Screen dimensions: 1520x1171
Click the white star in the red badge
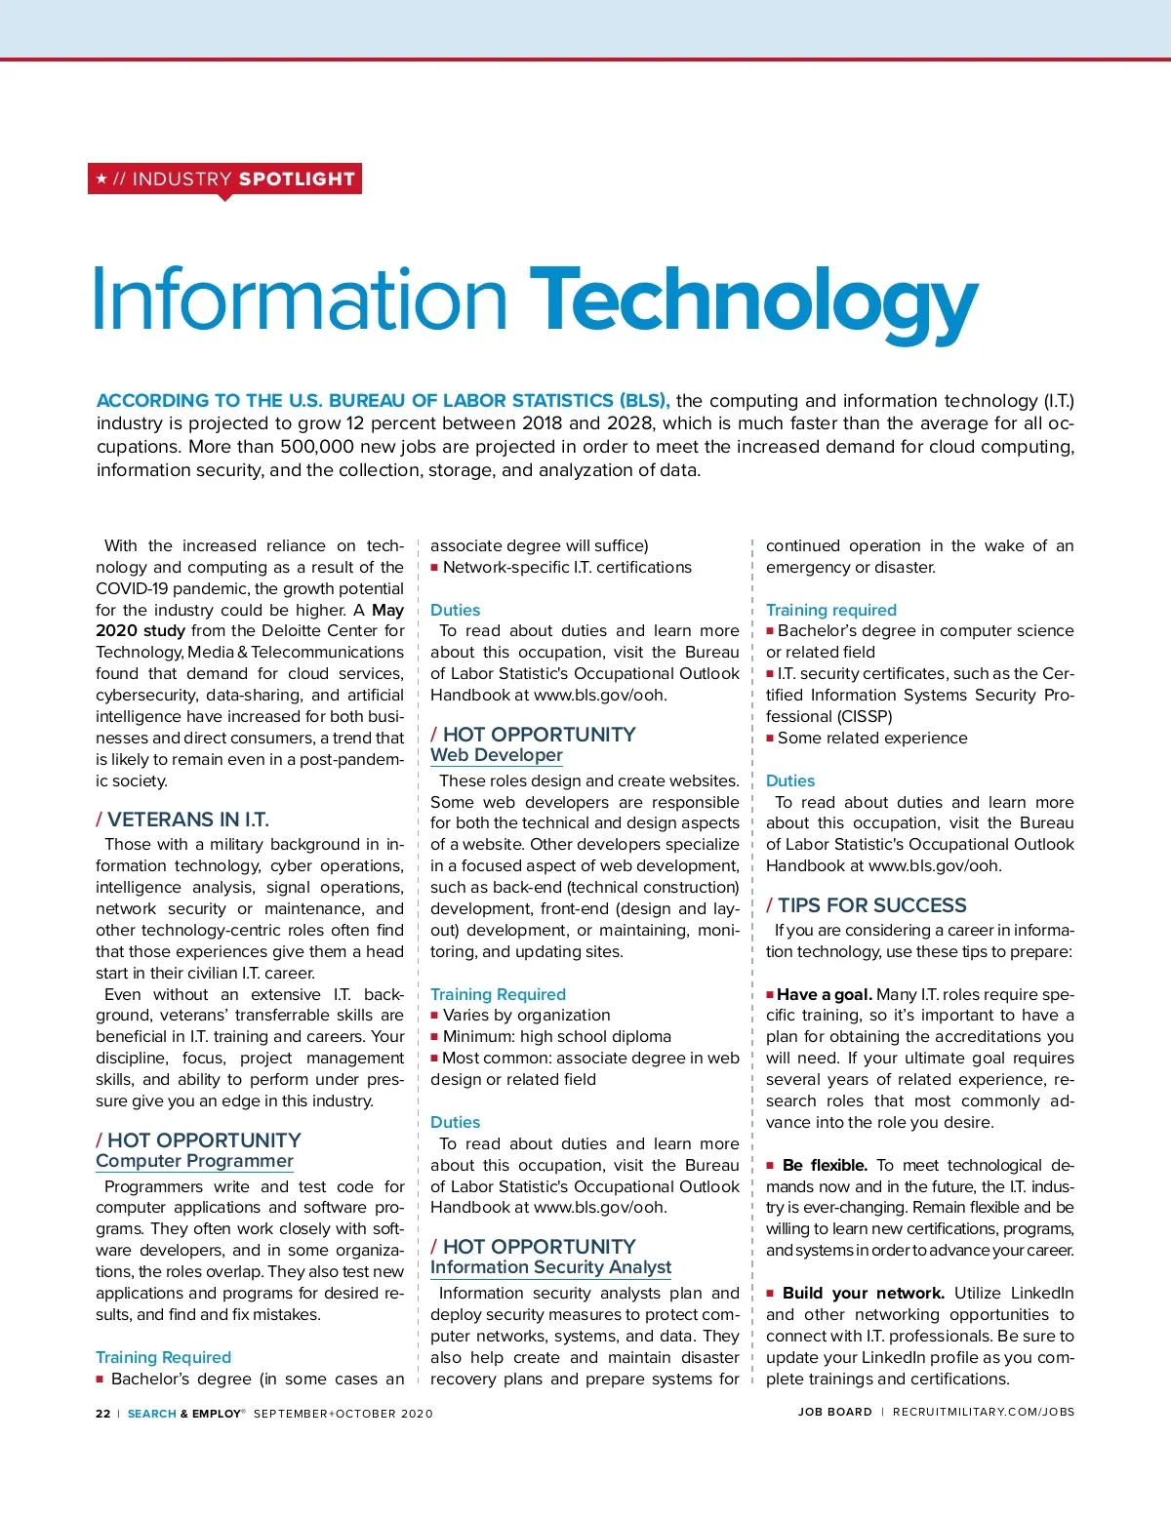[x=101, y=179]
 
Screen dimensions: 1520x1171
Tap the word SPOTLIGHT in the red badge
[x=297, y=179]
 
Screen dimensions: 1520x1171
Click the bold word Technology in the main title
[x=753, y=302]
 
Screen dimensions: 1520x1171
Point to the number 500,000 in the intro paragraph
[x=316, y=447]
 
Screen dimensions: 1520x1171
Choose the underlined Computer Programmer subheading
[x=194, y=1161]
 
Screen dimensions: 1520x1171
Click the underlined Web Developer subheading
[x=497, y=755]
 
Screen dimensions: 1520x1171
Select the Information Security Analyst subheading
[x=550, y=1267]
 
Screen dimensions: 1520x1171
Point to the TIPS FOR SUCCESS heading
[x=871, y=905]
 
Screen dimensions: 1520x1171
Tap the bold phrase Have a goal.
[x=825, y=994]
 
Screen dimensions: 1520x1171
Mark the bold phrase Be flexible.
[x=825, y=1165]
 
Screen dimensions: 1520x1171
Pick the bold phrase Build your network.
[x=863, y=1293]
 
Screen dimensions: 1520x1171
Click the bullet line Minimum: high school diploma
[x=556, y=1036]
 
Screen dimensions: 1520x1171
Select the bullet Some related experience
[x=872, y=738]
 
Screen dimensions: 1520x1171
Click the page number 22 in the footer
[x=102, y=1413]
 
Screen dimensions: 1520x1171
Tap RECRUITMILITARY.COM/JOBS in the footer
[x=983, y=1412]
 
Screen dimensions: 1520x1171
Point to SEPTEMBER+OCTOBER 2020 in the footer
[x=343, y=1413]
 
